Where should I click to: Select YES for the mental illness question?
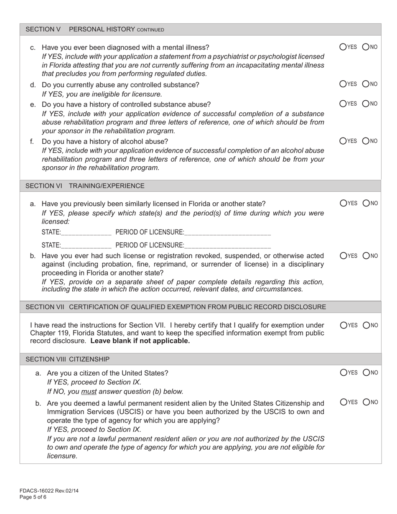point(343,47)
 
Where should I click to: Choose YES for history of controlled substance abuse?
point(343,104)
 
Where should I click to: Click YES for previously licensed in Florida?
point(343,203)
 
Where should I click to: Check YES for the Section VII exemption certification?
point(343,325)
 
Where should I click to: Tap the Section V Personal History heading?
point(95,29)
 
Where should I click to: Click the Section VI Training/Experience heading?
point(85,186)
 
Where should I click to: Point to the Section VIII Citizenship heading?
point(68,359)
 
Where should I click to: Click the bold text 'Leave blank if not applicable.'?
point(140,341)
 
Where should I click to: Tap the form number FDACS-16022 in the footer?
point(48,491)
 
